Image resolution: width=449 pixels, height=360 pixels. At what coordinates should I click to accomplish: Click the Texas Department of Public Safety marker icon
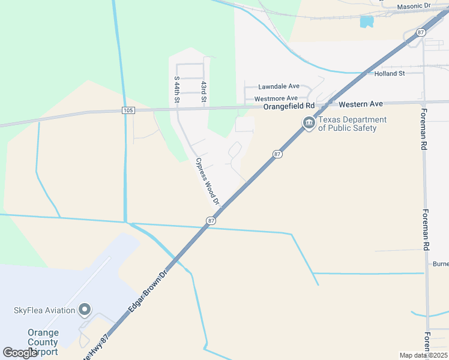click(309, 123)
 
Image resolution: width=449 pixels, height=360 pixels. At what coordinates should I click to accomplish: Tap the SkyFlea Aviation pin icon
click(85, 310)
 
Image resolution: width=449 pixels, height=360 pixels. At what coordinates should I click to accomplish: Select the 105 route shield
click(127, 110)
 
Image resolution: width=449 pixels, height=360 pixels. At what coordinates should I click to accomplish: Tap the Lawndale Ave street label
click(279, 86)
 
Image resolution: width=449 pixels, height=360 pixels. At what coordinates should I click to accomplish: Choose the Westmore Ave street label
click(276, 98)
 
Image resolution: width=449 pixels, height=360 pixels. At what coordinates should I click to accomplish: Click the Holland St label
click(390, 73)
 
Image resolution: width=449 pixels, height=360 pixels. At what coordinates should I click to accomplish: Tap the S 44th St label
click(176, 91)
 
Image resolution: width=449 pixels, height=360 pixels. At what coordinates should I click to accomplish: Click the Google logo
click(20, 353)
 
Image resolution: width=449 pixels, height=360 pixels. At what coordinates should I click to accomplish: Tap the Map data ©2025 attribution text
click(423, 355)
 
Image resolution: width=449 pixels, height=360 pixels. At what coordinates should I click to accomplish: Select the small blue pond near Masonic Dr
click(366, 22)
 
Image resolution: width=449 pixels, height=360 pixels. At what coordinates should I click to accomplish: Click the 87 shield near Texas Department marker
click(277, 154)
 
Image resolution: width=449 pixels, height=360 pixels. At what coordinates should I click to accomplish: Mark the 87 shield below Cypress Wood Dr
click(211, 221)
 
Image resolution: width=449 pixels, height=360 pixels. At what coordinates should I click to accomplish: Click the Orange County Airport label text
click(43, 342)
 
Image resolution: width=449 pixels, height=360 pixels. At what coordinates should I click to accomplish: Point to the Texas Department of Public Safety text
click(352, 124)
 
